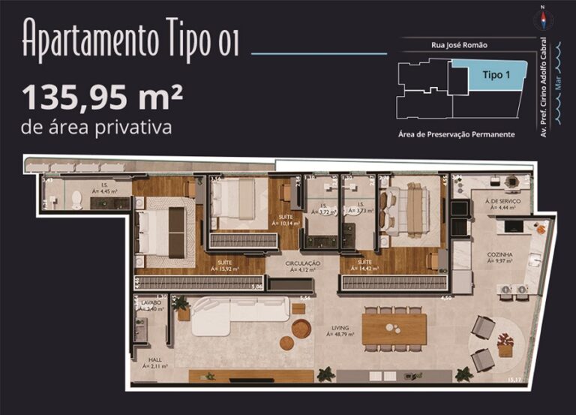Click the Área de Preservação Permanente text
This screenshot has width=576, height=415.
(x=456, y=134)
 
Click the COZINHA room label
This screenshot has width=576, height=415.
(x=500, y=254)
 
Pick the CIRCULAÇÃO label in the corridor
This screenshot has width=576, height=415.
(x=303, y=263)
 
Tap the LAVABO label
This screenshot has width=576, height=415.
(x=151, y=302)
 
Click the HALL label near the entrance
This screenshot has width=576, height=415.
(x=155, y=359)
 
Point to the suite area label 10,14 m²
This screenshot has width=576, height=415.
(x=286, y=223)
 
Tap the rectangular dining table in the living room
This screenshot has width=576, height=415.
(x=394, y=329)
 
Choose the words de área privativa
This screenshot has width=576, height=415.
(x=97, y=127)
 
